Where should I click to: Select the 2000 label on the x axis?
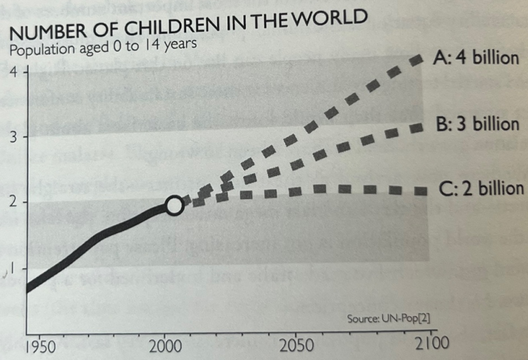tap(166, 347)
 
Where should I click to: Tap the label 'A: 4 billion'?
tap(475, 58)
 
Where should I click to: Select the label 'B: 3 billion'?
tap(475, 125)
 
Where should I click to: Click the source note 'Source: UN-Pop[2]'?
tap(389, 320)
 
